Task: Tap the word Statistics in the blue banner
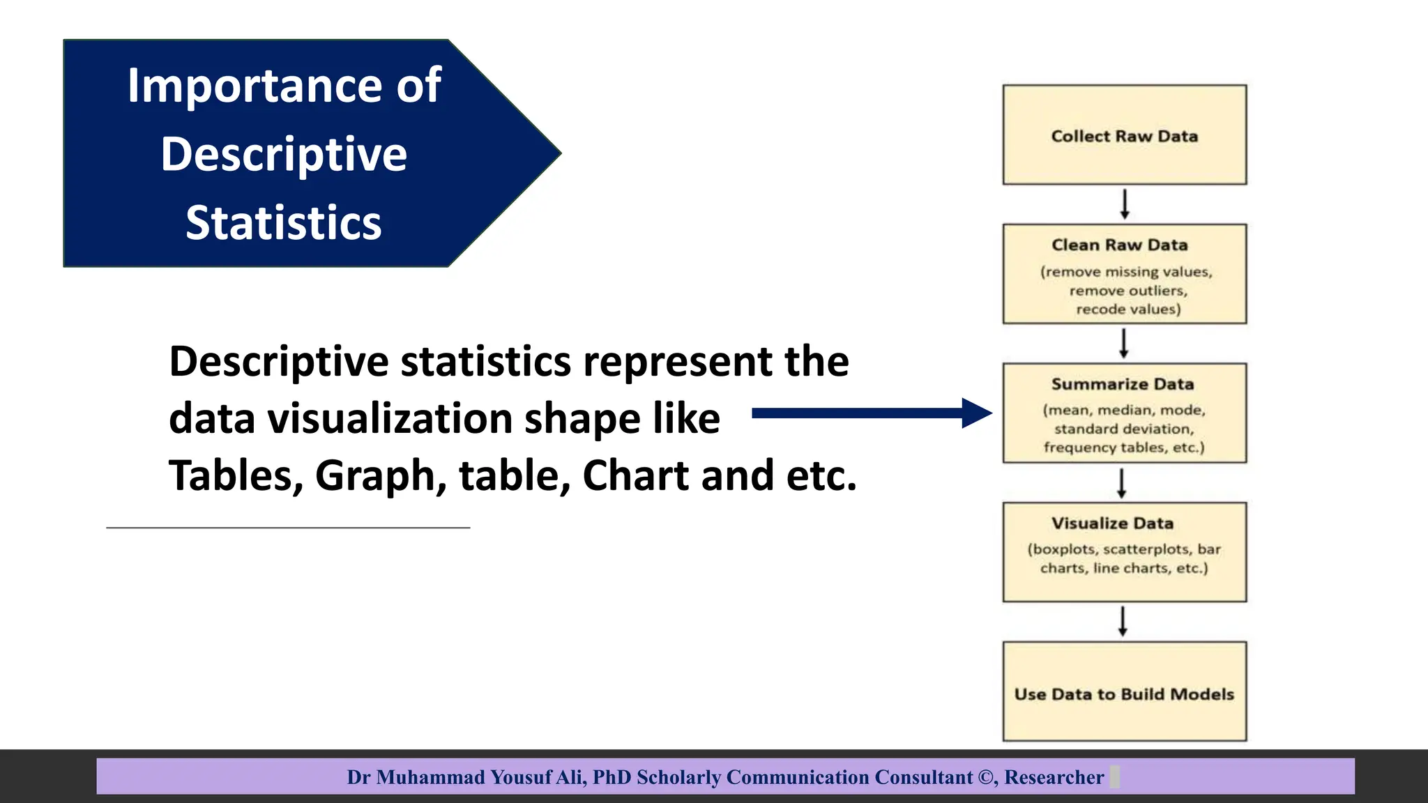(283, 223)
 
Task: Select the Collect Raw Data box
(1124, 135)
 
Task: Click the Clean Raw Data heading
(1119, 245)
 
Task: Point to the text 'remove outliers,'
(1127, 291)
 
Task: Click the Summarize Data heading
(1122, 384)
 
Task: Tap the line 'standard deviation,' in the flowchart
(1123, 429)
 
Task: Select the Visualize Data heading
(1112, 523)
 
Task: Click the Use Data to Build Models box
(1124, 693)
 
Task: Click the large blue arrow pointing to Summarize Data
(872, 413)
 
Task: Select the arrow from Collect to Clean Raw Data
(1124, 204)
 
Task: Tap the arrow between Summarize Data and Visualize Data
(1121, 483)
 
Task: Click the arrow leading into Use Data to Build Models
(1122, 621)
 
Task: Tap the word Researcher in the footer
(1054, 777)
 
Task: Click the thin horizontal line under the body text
(288, 528)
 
